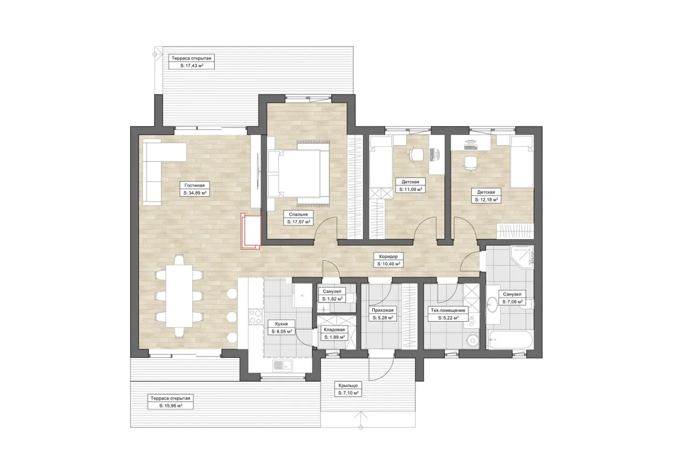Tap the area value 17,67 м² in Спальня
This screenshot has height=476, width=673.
tap(300, 222)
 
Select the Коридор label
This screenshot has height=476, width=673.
tap(388, 256)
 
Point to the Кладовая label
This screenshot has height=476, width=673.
tap(334, 330)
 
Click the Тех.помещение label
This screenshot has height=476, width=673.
tap(448, 311)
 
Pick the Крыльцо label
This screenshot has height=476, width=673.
tap(348, 385)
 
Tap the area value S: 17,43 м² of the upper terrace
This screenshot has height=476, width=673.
tap(191, 65)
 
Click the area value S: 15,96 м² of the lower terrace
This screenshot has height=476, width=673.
tap(171, 405)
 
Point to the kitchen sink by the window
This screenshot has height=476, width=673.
tap(283, 365)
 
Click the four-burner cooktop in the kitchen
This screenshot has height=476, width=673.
tap(256, 317)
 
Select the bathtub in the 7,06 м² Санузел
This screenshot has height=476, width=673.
tap(511, 340)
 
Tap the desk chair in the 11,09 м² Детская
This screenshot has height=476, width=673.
tap(416, 155)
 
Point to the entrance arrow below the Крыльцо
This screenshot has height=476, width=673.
tap(361, 421)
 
